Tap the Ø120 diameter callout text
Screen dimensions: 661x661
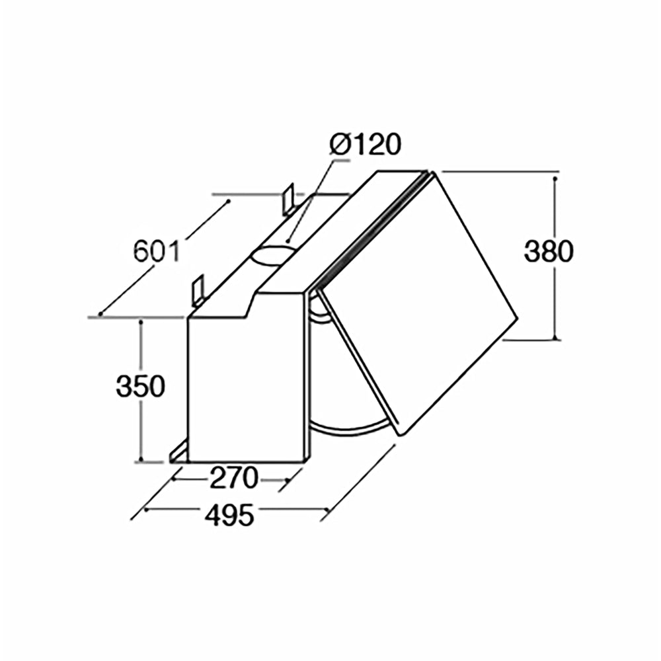(365, 145)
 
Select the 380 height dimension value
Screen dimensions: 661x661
(549, 252)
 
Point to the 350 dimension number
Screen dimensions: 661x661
(140, 386)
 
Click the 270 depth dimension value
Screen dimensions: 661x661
(233, 477)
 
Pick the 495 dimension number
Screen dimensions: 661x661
(229, 515)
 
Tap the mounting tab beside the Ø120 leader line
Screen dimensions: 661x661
(288, 199)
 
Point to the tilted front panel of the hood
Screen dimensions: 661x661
(416, 297)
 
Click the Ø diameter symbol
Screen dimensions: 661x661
(340, 145)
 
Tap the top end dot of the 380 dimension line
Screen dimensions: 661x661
(555, 178)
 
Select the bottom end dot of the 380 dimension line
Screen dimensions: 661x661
(555, 339)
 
